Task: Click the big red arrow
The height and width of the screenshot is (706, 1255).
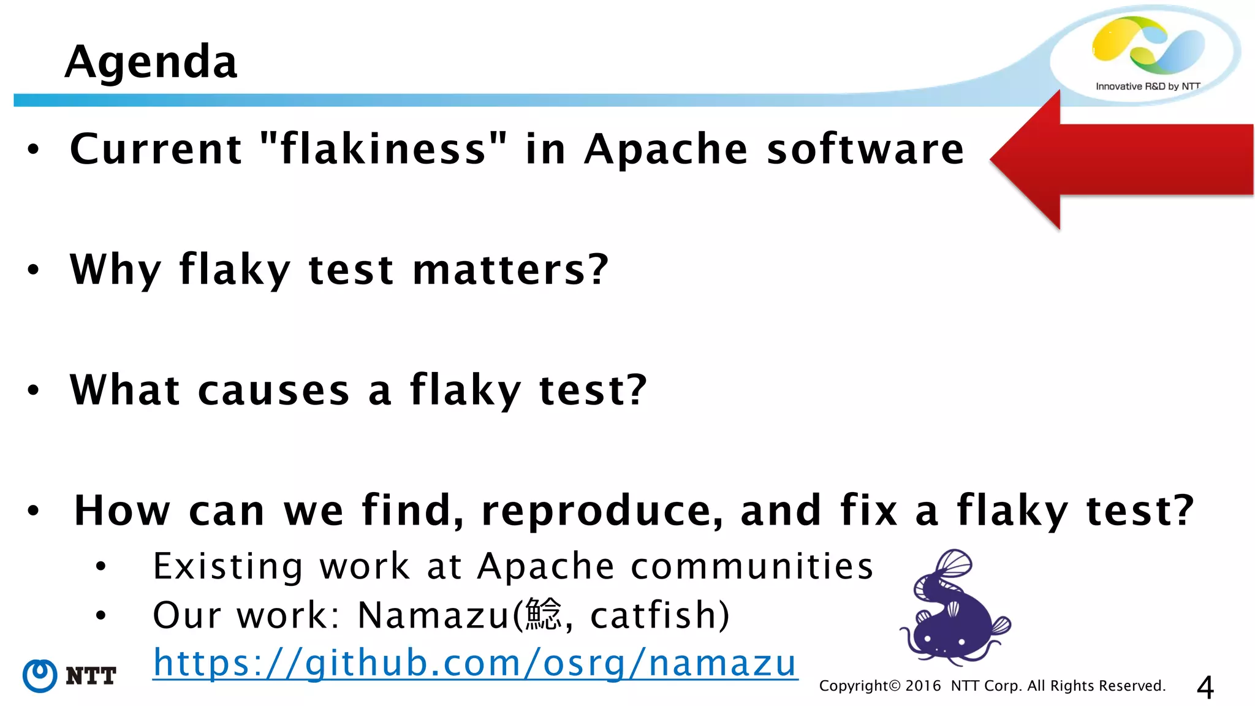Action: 1121,159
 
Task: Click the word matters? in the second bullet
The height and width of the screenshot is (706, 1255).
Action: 510,270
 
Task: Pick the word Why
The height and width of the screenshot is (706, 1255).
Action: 115,270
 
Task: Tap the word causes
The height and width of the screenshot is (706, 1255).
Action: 274,390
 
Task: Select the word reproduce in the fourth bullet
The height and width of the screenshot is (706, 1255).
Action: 601,511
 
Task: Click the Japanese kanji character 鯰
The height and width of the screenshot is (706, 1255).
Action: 543,615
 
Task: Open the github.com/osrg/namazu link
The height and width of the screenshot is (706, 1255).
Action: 475,663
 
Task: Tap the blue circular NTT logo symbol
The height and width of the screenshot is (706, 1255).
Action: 40,676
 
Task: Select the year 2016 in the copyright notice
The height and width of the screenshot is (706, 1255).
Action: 923,686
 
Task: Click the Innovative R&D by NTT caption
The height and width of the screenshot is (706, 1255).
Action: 1147,86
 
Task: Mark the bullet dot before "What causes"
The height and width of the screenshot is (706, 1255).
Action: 33,390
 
